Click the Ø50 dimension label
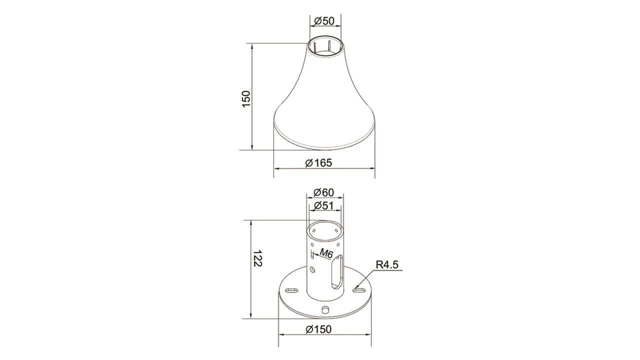tap(324, 21)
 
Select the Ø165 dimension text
tap(319, 163)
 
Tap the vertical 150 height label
tap(246, 99)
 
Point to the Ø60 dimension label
tap(324, 192)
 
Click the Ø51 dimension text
tap(324, 205)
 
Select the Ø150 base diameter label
tap(319, 329)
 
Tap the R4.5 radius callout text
tap(387, 265)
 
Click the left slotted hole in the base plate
tap(292, 290)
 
